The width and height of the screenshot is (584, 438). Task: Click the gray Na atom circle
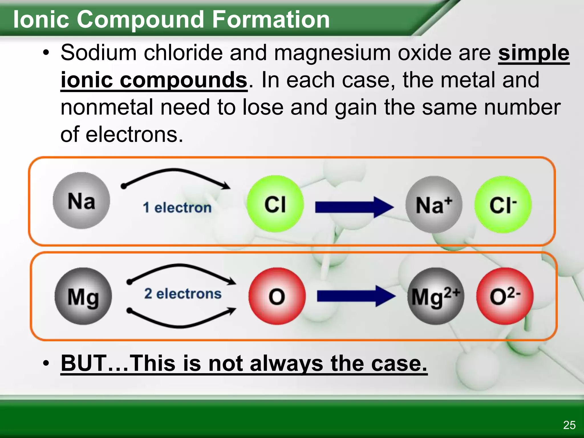click(81, 200)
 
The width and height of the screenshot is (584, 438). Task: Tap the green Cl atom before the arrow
click(275, 204)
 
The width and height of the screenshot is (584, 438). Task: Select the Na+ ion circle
click(434, 204)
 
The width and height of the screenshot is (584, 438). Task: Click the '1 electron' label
click(177, 207)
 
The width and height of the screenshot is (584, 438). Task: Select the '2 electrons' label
click(183, 294)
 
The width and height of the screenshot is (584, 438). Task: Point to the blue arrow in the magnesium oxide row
click(356, 296)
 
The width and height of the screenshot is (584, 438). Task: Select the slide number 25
click(569, 425)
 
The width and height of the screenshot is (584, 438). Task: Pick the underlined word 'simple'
click(534, 53)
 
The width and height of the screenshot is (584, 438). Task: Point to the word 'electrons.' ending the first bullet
click(134, 135)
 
